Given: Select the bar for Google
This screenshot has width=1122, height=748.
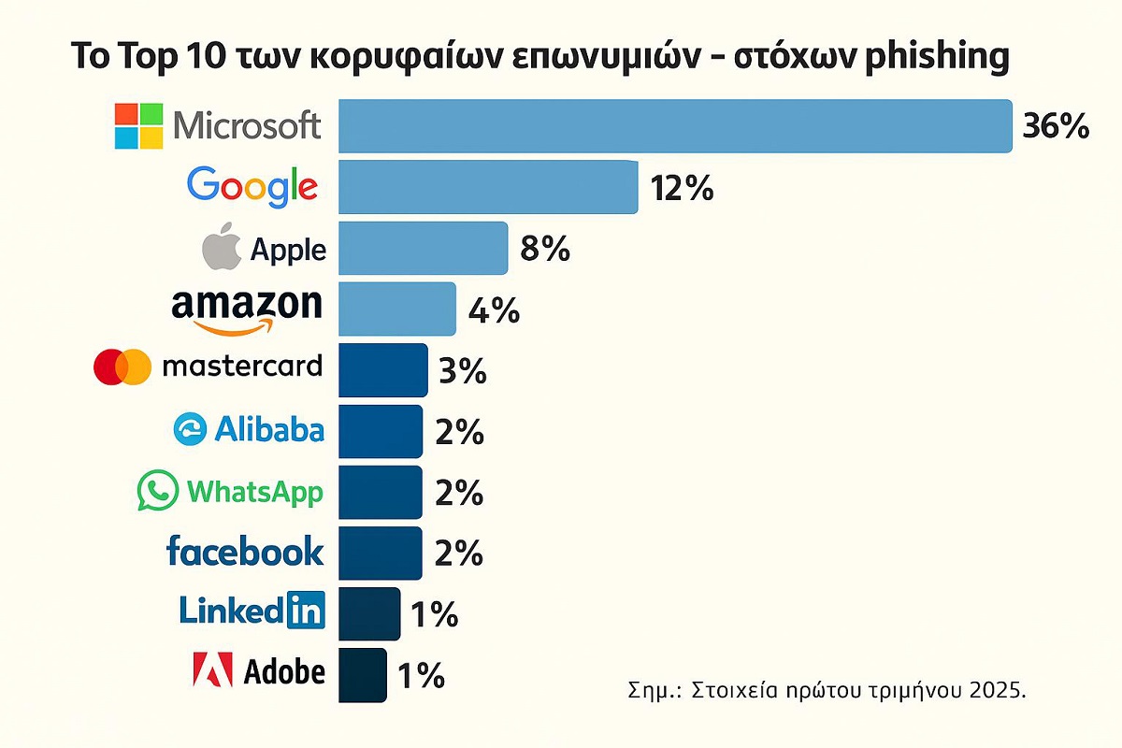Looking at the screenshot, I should click(488, 187).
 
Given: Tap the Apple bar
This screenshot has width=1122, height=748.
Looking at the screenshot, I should click(423, 248).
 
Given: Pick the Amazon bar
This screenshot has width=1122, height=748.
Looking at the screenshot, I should click(397, 309).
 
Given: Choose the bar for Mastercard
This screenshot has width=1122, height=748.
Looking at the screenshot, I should click(383, 370).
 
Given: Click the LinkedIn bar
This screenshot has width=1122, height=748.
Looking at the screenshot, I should click(369, 614).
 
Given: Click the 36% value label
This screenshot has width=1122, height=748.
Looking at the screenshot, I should click(1056, 126).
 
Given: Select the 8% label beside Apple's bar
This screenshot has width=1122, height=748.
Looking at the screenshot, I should click(544, 250).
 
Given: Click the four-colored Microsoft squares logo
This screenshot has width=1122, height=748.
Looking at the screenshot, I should click(138, 126).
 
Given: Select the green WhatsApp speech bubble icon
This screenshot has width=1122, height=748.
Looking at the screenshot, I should click(156, 491).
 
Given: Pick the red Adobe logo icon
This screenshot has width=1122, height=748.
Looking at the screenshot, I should click(212, 671).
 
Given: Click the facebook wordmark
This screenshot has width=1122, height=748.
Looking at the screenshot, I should click(245, 551).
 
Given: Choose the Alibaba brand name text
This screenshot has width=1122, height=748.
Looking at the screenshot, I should click(269, 429).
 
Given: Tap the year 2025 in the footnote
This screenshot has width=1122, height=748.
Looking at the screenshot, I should click(998, 692).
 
